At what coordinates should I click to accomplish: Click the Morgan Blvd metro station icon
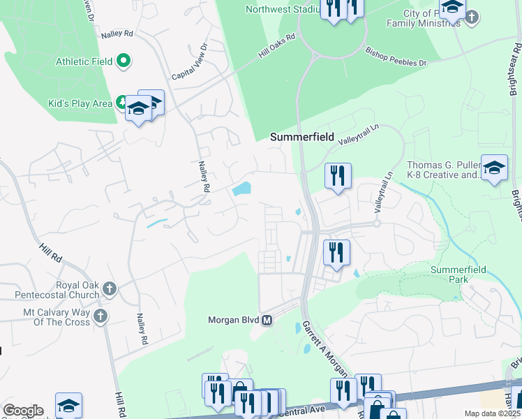[266, 321]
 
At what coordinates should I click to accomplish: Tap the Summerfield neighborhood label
[302, 137]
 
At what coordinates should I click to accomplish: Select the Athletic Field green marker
[124, 61]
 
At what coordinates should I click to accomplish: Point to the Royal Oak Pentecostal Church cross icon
[109, 288]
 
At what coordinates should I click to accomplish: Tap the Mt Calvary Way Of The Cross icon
[100, 316]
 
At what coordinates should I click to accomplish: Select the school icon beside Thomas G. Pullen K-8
[494, 168]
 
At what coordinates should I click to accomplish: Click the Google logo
[22, 411]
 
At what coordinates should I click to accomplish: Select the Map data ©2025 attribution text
[493, 413]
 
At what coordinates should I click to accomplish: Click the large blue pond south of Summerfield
[241, 189]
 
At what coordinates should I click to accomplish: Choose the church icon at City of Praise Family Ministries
[472, 16]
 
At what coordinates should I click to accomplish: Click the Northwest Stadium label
[278, 9]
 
